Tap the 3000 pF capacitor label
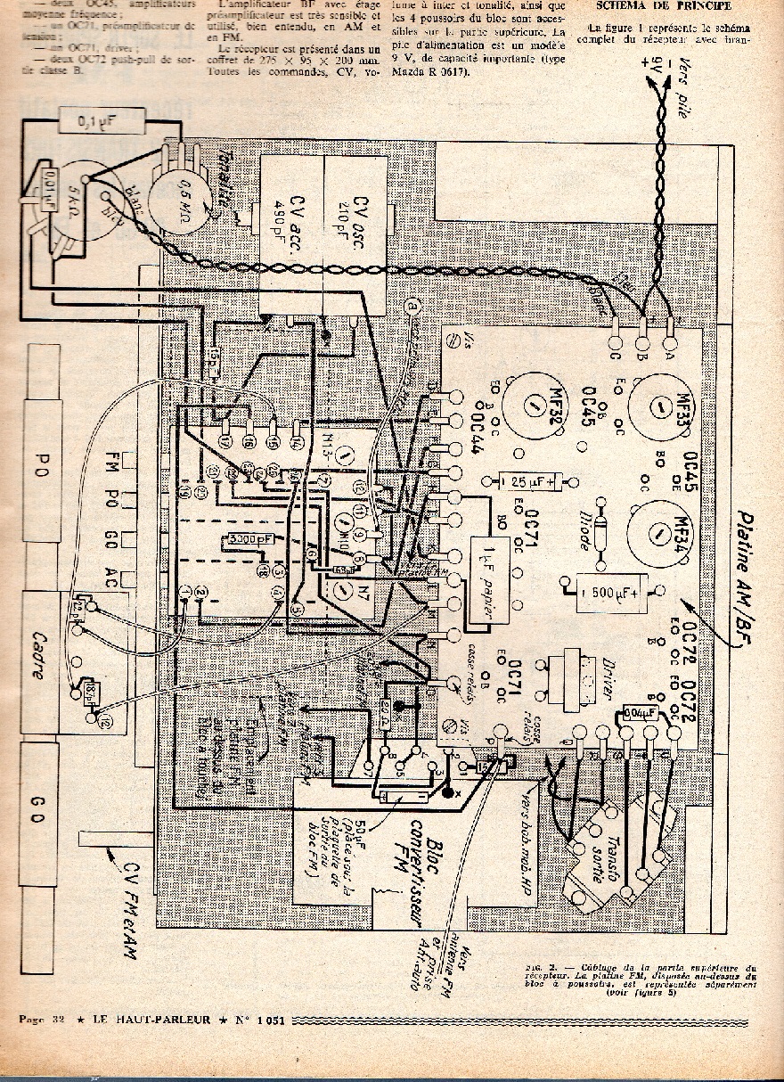coord(249,541)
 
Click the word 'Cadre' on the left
coord(37,655)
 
